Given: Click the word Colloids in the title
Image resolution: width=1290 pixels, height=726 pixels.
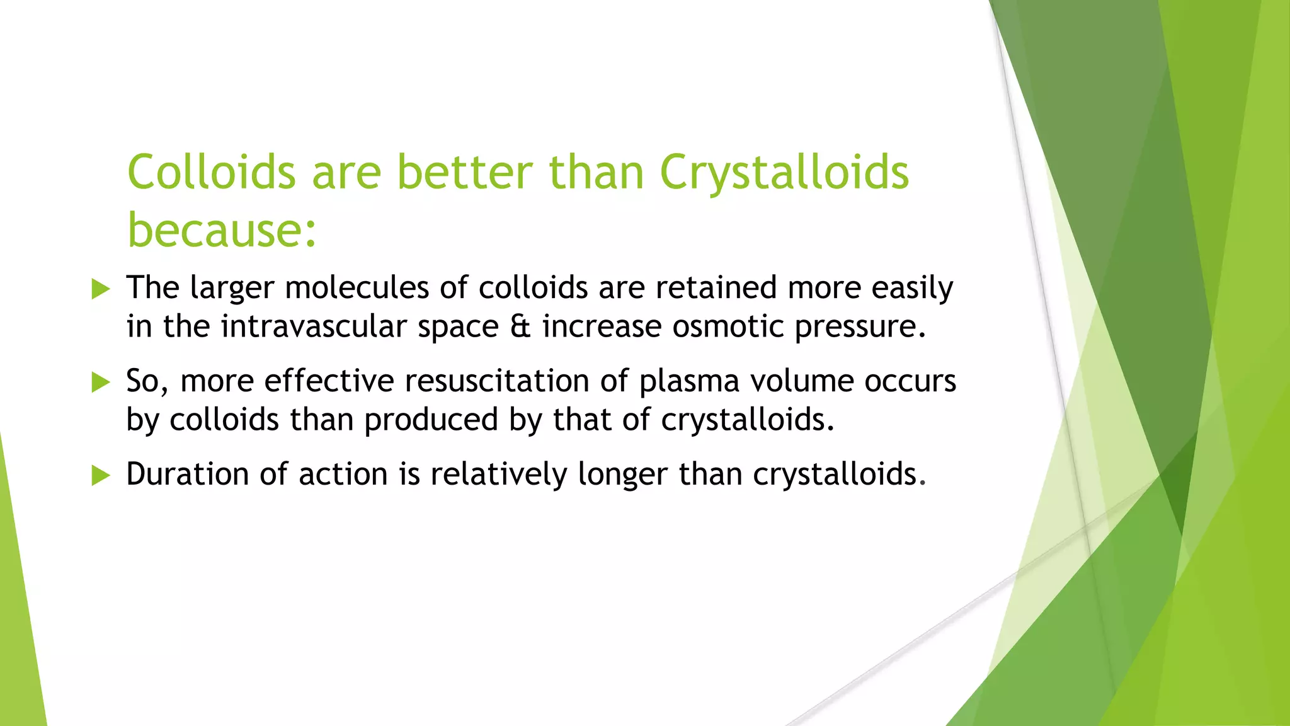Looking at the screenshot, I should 211,171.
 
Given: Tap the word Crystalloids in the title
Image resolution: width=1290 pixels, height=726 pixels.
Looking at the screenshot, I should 784,171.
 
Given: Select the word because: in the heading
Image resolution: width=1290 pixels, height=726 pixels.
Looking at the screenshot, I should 222,229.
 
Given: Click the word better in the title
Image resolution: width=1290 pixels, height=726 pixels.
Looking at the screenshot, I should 465,171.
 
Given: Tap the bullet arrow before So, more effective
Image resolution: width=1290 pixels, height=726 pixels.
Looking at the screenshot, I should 100,382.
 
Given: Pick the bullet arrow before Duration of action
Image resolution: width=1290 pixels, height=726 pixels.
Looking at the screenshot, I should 100,475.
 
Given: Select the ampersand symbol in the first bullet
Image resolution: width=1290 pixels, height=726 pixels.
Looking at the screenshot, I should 520,326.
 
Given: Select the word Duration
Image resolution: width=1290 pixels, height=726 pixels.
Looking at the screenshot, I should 187,474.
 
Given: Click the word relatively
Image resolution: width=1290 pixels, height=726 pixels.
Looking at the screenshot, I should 498,474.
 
